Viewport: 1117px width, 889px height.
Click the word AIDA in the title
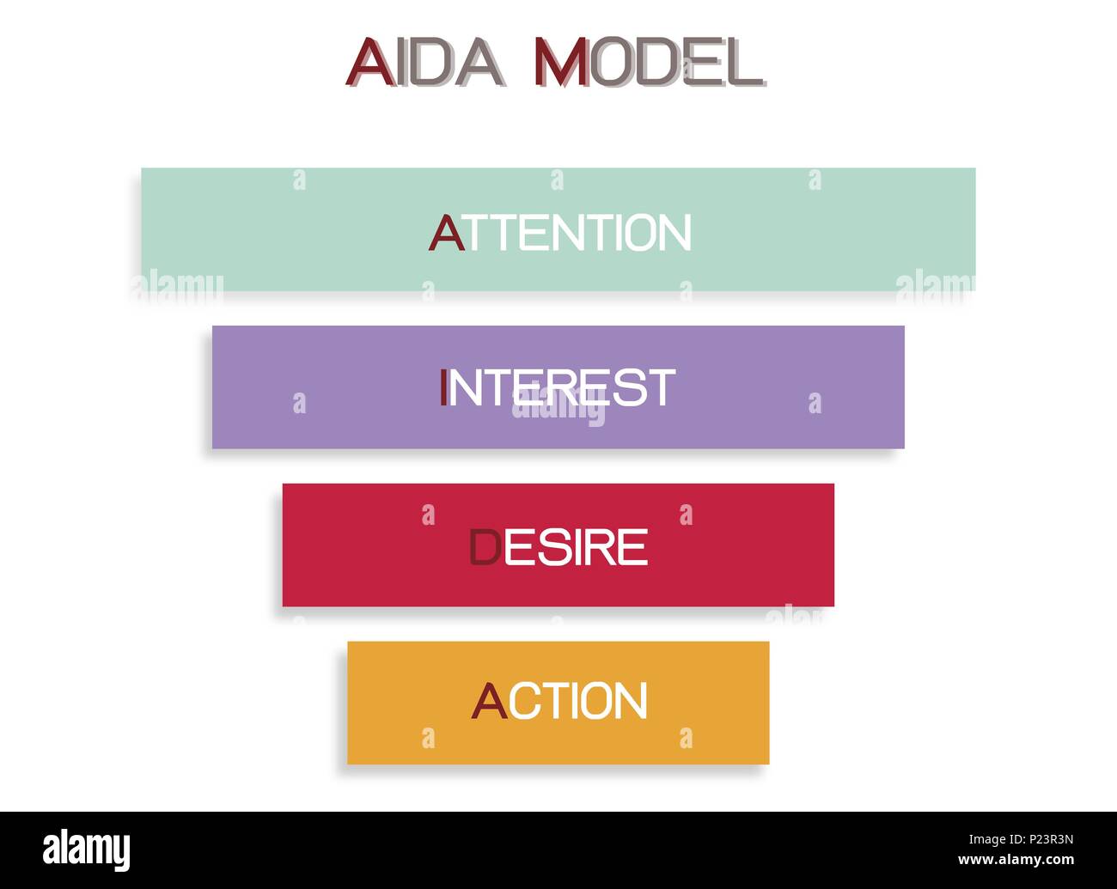point(425,62)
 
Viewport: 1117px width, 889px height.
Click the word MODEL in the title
point(648,62)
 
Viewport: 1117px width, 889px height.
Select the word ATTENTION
point(560,233)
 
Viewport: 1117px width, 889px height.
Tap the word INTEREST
point(558,388)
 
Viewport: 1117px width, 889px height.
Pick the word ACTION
point(559,701)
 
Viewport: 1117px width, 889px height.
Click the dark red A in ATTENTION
point(446,233)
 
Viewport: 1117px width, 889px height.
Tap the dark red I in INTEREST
point(443,388)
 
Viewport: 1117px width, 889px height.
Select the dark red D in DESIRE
point(485,548)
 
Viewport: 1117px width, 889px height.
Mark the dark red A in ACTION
point(489,701)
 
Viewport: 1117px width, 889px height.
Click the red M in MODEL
point(560,62)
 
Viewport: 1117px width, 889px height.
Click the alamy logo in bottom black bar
point(87,849)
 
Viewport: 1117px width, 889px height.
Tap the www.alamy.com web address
point(1016,860)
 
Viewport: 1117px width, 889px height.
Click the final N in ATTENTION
point(673,233)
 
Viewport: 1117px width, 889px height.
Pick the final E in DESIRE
point(633,548)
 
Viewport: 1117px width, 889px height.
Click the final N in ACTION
point(629,701)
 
